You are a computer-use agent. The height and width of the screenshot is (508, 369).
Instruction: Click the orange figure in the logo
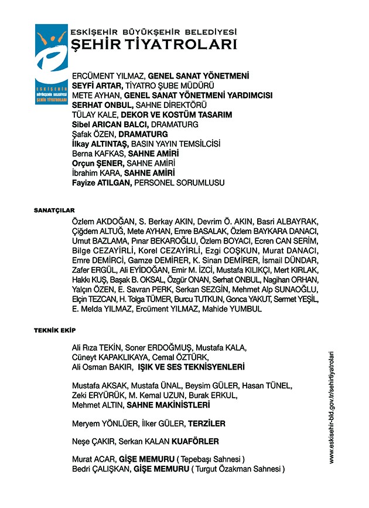click(51, 40)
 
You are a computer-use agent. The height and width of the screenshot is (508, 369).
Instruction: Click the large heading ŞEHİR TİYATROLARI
click(153, 45)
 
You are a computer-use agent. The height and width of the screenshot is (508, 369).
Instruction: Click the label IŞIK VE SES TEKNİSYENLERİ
click(190, 367)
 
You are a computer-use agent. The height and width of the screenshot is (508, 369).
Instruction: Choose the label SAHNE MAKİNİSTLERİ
click(168, 405)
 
